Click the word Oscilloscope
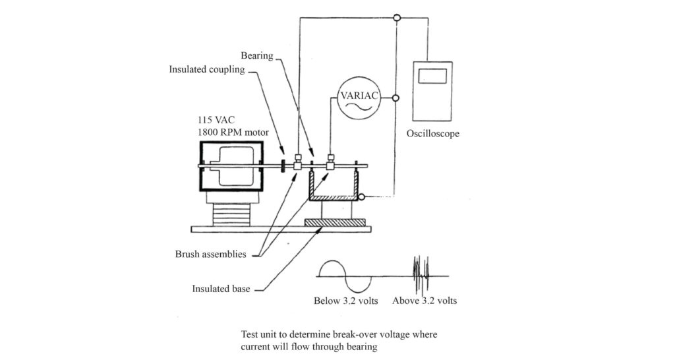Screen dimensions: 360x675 pos(432,134)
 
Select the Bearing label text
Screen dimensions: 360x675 pos(256,56)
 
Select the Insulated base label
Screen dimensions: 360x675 pos(221,288)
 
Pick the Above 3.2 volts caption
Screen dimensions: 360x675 pos(425,301)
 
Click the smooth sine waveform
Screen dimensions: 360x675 pos(344,276)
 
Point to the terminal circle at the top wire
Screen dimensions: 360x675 pos(396,18)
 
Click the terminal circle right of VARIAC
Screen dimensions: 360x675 pos(396,98)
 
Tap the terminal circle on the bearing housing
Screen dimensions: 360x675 pos(367,196)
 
